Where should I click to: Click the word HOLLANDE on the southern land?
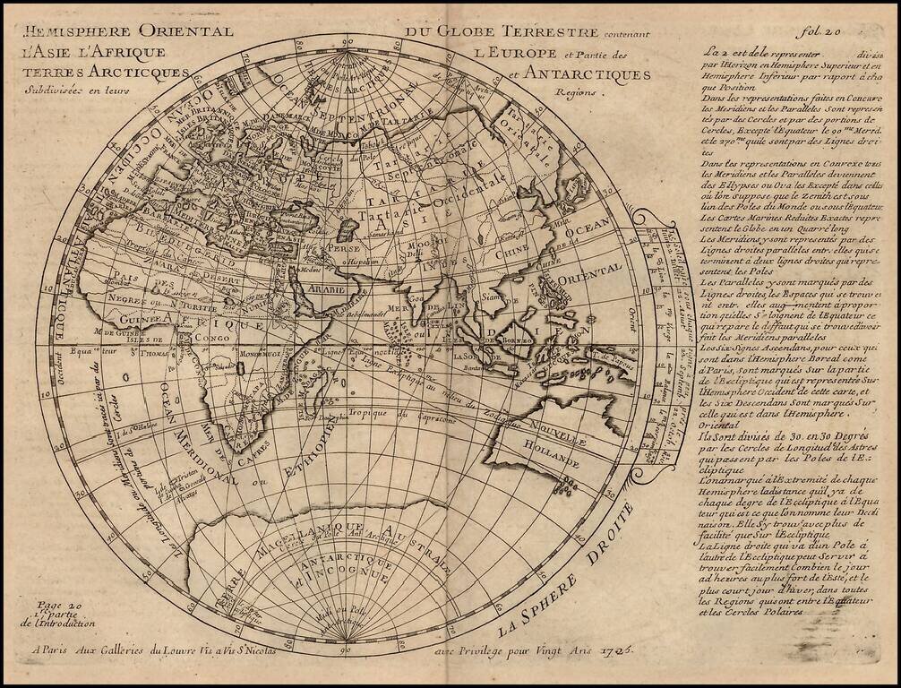pos(553,457)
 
